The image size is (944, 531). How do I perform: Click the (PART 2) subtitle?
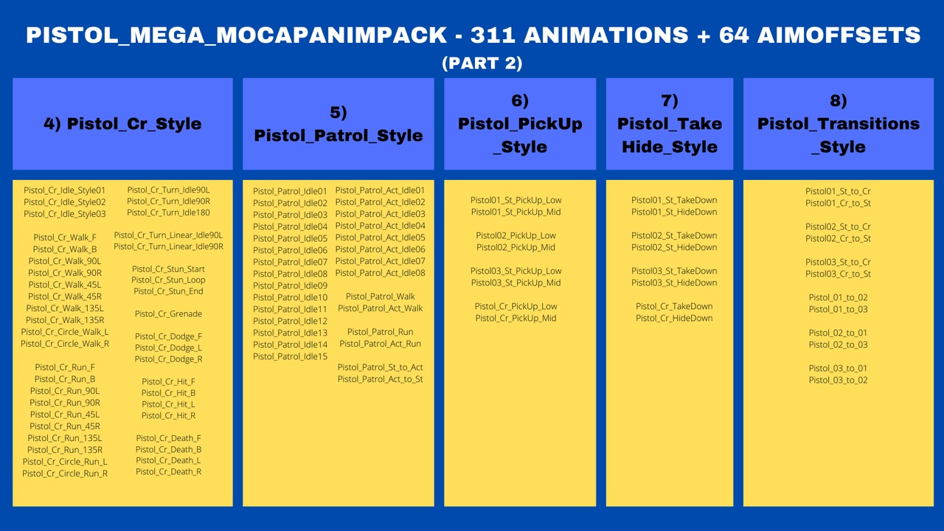click(x=482, y=63)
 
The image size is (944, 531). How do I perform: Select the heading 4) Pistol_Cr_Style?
click(x=122, y=124)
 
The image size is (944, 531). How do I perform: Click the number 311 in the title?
click(x=493, y=35)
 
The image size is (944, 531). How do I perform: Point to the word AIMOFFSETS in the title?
click(x=839, y=35)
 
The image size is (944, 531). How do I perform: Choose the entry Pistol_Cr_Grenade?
click(x=168, y=313)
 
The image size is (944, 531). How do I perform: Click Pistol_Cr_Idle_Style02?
click(x=64, y=202)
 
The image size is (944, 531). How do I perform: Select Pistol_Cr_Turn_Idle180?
click(x=168, y=213)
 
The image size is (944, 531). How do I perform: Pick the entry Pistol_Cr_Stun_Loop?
click(x=168, y=280)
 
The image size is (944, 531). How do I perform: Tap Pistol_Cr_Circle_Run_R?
click(x=64, y=473)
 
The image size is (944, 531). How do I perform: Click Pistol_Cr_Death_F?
click(x=168, y=438)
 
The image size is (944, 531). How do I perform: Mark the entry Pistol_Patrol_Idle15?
click(x=290, y=356)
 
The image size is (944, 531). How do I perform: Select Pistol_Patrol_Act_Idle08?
click(x=380, y=273)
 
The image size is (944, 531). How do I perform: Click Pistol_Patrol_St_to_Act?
click(x=380, y=367)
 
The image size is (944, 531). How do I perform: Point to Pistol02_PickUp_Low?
click(x=516, y=235)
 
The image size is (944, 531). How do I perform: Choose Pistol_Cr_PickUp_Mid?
click(x=516, y=318)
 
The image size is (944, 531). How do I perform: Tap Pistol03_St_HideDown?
click(x=674, y=282)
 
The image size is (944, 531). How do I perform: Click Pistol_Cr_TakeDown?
click(x=674, y=306)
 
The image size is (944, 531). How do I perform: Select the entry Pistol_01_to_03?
click(x=838, y=309)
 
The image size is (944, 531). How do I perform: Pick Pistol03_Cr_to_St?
click(x=838, y=274)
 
